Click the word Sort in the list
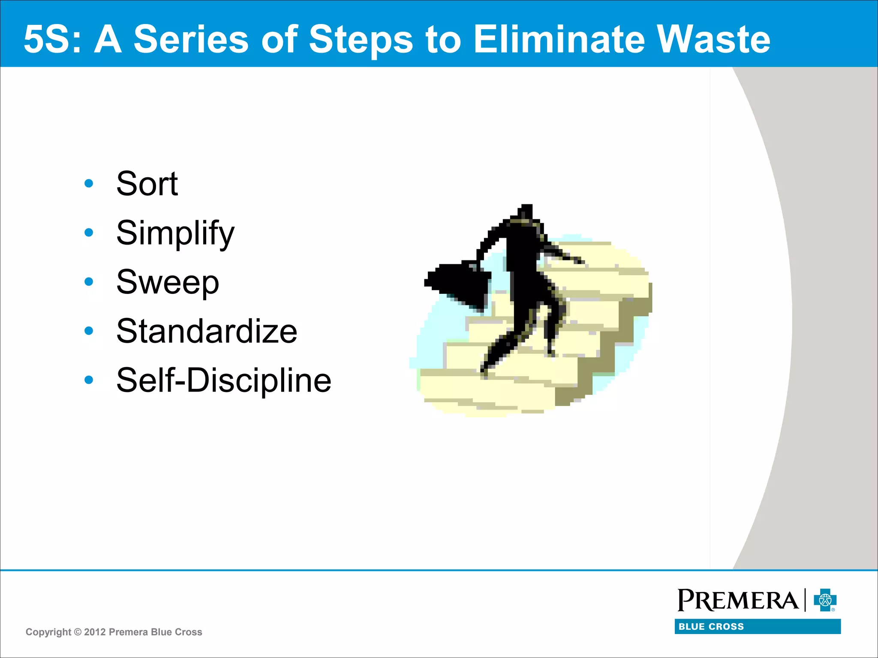click(x=147, y=184)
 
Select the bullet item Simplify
click(x=175, y=233)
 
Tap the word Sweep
click(x=168, y=282)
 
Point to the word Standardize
click(x=207, y=331)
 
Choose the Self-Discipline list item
click(x=223, y=380)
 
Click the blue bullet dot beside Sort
click(x=89, y=184)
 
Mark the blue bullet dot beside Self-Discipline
click(x=89, y=380)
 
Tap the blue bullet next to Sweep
click(x=89, y=282)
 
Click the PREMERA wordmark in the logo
click(x=737, y=600)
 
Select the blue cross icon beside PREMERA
click(x=825, y=600)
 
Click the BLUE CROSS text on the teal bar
click(x=711, y=626)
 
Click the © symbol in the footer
click(x=78, y=632)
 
